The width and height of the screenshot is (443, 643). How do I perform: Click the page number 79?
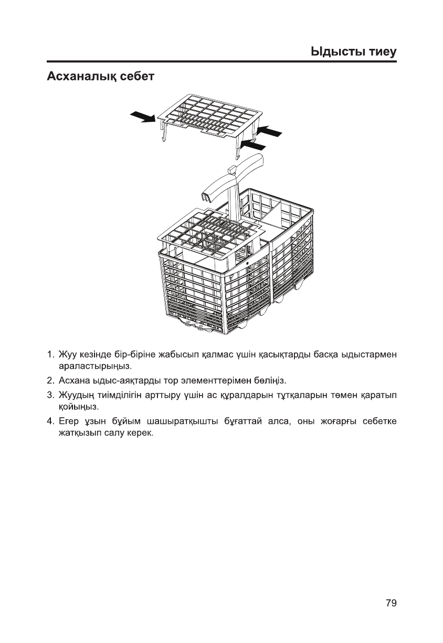391,603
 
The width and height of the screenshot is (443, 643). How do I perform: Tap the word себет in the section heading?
137,77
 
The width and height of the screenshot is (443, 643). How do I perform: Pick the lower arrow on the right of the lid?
254,144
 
